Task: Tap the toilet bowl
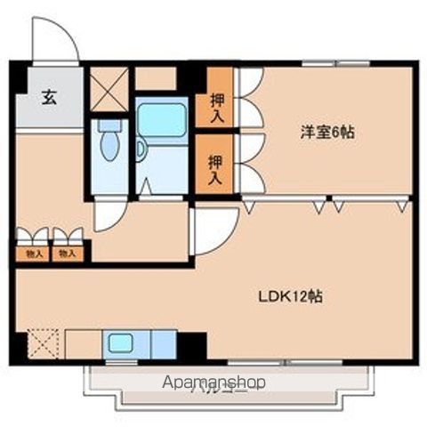[109, 143]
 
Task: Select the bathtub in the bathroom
[161, 119]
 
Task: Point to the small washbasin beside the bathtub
[141, 149]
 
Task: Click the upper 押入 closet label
[216, 107]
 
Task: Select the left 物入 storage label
[34, 254]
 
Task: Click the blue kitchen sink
[118, 342]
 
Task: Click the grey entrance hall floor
[49, 111]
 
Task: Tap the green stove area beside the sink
[163, 342]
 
